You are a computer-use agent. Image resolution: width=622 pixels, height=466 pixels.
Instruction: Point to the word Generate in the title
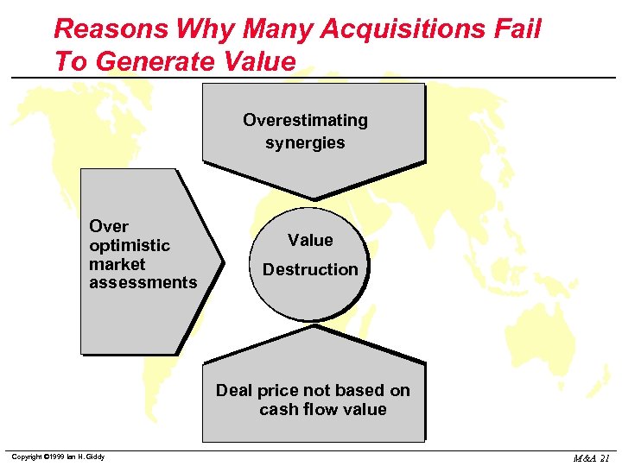coord(157,62)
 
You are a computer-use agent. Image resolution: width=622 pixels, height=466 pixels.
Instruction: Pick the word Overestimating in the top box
coord(305,120)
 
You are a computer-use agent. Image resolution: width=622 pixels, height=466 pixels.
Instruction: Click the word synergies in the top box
coord(305,143)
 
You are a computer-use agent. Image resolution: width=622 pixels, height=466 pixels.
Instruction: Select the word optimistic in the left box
coord(129,246)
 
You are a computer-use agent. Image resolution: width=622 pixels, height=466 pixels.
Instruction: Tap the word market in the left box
coord(117,264)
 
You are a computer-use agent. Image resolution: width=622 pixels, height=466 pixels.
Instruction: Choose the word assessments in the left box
coord(143,282)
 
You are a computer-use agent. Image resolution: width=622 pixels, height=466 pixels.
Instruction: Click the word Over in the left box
coord(109,226)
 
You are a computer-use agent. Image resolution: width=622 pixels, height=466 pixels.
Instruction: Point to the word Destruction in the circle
coord(310,269)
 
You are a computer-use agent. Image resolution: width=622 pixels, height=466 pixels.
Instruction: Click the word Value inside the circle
coord(310,240)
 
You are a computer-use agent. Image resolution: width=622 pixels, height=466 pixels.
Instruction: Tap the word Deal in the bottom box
coord(233,390)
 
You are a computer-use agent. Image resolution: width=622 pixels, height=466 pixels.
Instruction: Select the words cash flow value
coord(323,409)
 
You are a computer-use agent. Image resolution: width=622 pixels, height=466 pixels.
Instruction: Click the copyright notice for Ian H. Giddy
coord(58,457)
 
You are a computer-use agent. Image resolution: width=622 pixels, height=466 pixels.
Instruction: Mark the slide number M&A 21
coord(591,457)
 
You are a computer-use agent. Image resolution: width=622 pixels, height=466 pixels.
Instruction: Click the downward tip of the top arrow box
coord(314,198)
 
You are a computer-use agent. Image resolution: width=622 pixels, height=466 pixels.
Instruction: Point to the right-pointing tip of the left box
coord(222,261)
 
